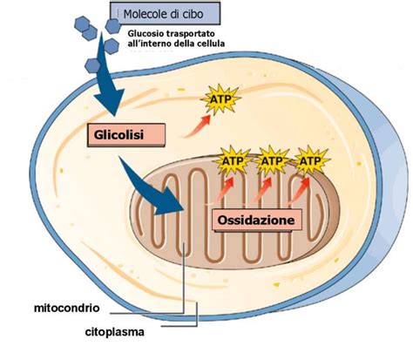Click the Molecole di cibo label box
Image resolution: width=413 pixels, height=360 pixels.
click(x=166, y=13)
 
